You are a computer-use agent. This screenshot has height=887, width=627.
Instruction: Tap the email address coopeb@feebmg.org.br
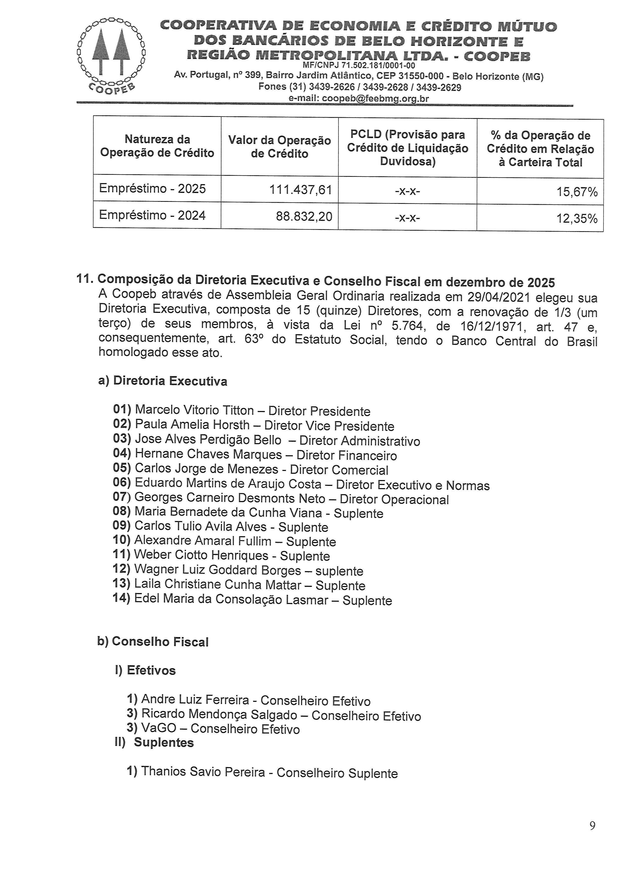point(359,98)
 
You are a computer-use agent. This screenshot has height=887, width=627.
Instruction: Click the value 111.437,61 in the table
point(301,190)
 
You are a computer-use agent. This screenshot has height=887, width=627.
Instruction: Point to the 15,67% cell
point(576,192)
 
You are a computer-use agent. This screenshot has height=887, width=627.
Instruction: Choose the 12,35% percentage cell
point(576,219)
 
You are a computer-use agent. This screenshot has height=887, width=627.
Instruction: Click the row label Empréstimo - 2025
point(152,188)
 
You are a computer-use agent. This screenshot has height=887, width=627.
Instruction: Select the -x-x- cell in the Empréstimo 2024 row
point(407,218)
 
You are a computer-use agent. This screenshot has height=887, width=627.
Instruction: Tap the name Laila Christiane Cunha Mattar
point(217,585)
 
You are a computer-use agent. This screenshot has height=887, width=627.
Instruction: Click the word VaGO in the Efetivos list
point(159,728)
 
